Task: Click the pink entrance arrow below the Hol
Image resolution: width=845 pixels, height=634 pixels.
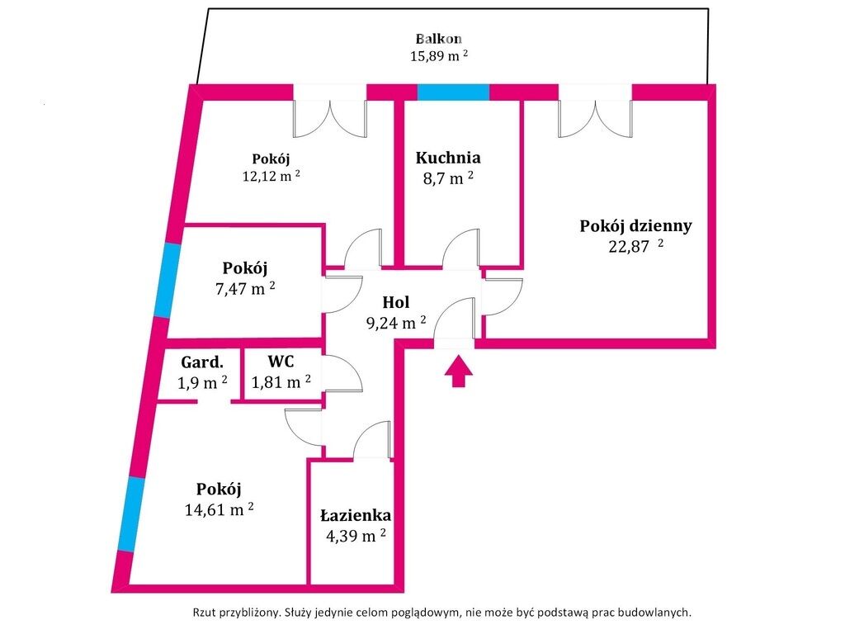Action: coord(460,371)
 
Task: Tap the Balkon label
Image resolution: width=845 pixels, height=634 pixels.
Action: coord(438,39)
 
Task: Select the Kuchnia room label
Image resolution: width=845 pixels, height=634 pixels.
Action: coord(448,158)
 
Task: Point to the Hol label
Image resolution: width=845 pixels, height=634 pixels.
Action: coord(396,303)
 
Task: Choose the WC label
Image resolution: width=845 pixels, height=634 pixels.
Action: coord(281,361)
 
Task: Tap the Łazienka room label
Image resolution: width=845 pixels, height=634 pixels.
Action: coord(356,515)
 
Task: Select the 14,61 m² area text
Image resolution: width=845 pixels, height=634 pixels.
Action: coord(219,509)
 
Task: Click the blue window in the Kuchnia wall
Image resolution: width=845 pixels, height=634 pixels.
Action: coord(452,92)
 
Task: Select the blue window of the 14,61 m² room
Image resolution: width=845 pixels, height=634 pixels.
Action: coord(128,513)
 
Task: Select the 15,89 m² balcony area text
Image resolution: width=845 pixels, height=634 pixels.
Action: coord(438,56)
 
